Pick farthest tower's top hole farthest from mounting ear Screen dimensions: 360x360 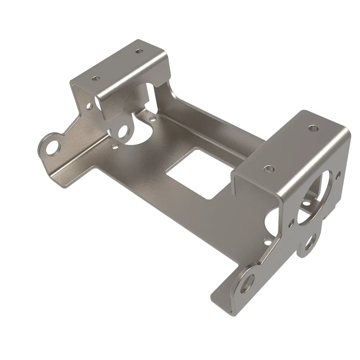pos(138,51)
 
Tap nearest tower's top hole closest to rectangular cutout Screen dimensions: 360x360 pos(268,168)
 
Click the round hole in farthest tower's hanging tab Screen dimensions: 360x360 pos(123,131)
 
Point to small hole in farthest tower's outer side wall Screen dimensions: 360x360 pos(89,106)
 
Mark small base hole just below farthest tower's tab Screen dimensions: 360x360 pos(115,147)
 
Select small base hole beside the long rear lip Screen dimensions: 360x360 pos(153,118)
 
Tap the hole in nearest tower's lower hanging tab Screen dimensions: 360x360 pos(309,243)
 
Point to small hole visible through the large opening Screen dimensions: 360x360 pos(306,203)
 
